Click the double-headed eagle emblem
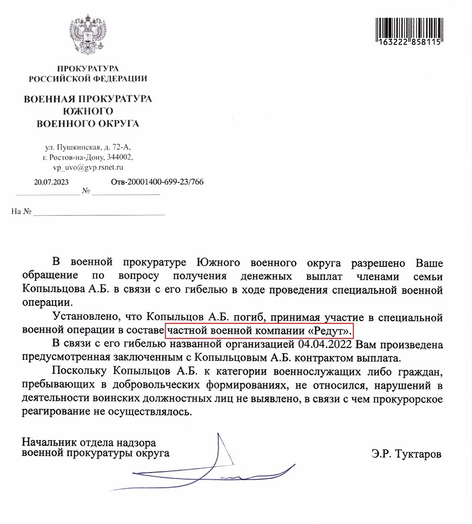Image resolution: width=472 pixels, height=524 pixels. coord(87,37)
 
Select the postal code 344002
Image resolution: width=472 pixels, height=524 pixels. coord(120,158)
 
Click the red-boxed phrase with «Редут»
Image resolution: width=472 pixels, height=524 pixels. coord(260,331)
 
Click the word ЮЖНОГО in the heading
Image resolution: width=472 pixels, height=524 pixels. coord(87,111)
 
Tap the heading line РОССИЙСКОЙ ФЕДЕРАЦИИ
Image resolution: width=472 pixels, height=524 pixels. coord(87,79)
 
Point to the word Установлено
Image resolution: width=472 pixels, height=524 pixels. coord(85,318)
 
